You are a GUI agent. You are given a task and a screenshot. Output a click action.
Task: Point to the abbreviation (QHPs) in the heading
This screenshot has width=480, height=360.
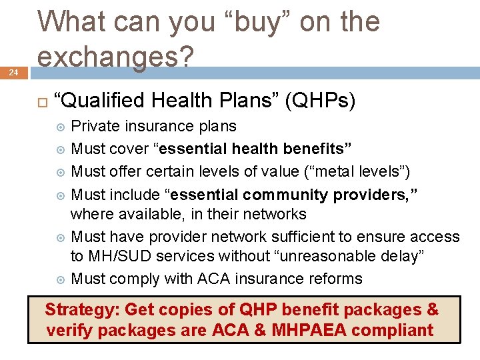pyautogui.click(x=321, y=101)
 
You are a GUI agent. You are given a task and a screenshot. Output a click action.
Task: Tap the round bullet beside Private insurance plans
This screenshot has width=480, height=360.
pyautogui.click(x=61, y=127)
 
